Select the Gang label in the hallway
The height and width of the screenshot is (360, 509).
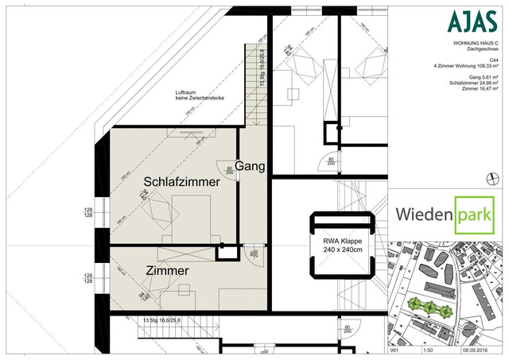(249, 165)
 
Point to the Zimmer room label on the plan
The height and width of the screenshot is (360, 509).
(167, 271)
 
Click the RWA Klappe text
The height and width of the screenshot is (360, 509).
(343, 241)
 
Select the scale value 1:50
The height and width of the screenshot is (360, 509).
(425, 349)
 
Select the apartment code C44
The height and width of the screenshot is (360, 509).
(493, 59)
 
